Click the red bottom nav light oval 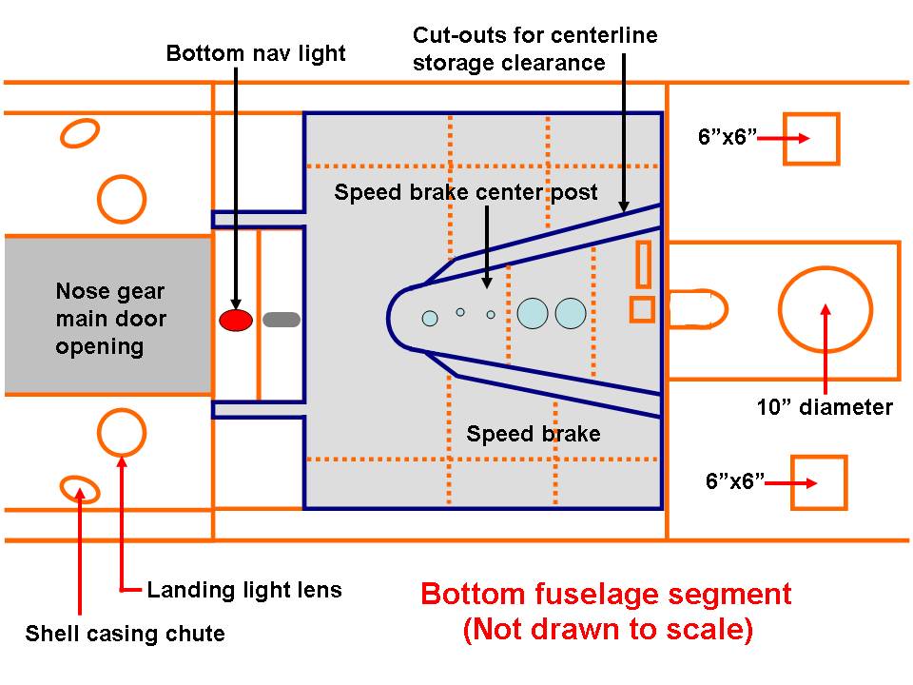[235, 320]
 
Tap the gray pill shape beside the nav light [282, 320]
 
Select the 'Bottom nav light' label [256, 52]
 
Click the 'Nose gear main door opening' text [109, 319]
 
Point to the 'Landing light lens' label [243, 590]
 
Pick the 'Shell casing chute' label [125, 634]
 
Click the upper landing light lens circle [122, 199]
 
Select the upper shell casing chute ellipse [81, 133]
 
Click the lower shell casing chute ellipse [80, 489]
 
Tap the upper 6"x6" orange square [810, 139]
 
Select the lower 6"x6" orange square [818, 483]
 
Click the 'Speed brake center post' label [466, 192]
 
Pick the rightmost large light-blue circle [571, 314]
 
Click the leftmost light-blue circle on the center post [430, 318]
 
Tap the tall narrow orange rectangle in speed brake [643, 264]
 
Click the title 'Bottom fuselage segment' [606, 595]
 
